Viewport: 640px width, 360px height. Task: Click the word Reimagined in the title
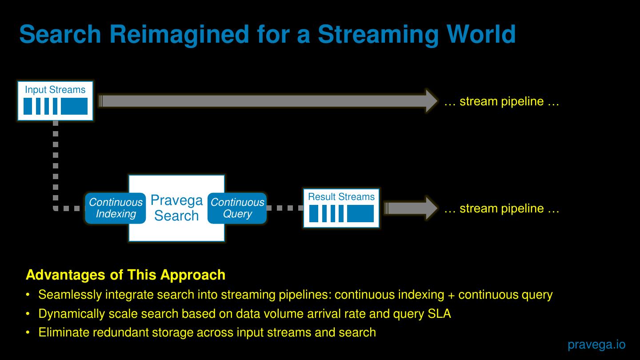[179, 34]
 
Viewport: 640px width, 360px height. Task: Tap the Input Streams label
[55, 90]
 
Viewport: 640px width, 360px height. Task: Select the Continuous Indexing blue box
[116, 208]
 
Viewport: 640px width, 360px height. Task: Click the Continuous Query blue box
[237, 208]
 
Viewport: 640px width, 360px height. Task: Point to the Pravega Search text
[176, 208]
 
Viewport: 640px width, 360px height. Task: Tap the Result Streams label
[341, 197]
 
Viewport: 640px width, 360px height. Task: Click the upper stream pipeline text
[501, 101]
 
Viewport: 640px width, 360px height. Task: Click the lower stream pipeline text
[501, 208]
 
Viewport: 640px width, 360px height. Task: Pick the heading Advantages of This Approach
[126, 275]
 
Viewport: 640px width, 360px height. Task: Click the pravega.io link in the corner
[596, 344]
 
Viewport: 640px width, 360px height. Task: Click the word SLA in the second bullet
[439, 314]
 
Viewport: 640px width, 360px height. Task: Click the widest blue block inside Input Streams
[74, 106]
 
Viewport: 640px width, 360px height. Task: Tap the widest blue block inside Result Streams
[360, 214]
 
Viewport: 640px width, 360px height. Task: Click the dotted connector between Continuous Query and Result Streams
[285, 208]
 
